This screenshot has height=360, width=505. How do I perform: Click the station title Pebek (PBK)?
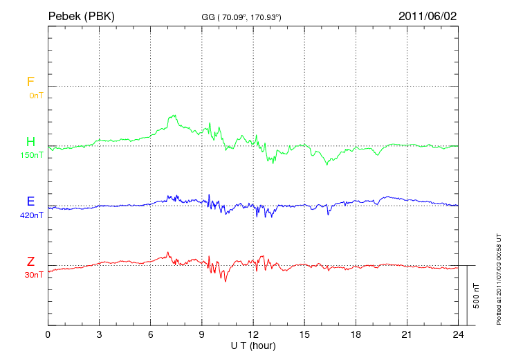click(x=81, y=15)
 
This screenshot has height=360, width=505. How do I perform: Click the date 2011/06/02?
click(x=427, y=15)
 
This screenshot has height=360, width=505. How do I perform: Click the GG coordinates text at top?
click(x=241, y=17)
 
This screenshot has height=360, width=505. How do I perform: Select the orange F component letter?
click(x=30, y=82)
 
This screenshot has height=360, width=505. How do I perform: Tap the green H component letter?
click(x=30, y=143)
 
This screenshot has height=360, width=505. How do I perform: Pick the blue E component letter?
click(x=30, y=202)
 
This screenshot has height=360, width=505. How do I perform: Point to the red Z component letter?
click(x=30, y=262)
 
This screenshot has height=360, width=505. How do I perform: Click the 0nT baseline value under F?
click(x=35, y=96)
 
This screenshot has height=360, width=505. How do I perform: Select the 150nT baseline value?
click(x=32, y=156)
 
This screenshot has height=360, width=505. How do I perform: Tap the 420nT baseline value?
click(x=32, y=215)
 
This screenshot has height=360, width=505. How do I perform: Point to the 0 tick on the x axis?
click(x=48, y=334)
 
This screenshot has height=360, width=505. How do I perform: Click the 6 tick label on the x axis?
click(x=151, y=334)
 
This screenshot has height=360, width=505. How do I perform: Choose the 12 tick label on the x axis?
click(x=253, y=334)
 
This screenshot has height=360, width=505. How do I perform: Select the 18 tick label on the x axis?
click(x=356, y=334)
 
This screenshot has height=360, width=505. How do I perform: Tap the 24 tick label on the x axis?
click(x=458, y=334)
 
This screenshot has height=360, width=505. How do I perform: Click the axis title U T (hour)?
click(x=253, y=345)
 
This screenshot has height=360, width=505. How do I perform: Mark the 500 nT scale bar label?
click(x=477, y=296)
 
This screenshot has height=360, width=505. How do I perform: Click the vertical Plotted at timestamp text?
click(x=498, y=277)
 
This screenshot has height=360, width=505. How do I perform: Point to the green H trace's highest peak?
click(x=170, y=116)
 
